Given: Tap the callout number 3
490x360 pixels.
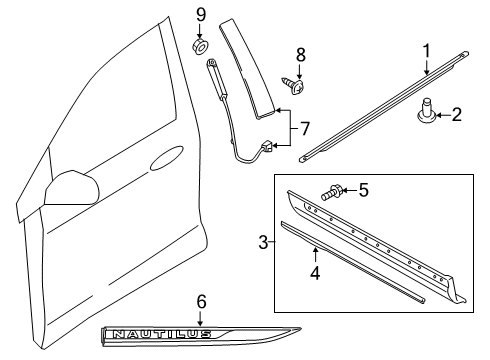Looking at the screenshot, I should [264, 243].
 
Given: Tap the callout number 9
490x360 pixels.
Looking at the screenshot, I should [200, 14].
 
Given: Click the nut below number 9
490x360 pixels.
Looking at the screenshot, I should [200, 46].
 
